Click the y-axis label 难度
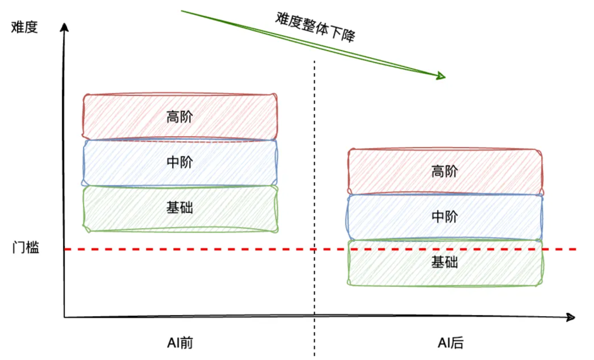coord(24,27)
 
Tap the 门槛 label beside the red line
coord(26,248)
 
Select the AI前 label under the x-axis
coord(180,343)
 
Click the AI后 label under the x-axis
coord(450,343)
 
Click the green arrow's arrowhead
coord(441,76)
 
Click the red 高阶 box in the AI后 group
coord(385,171)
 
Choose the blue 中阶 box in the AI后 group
coord(385,217)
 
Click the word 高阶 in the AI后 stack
coord(444,171)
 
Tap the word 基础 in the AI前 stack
coord(180,208)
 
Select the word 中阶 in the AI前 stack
coord(180,163)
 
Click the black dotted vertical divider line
coord(315,165)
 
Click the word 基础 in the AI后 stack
coord(444,262)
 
